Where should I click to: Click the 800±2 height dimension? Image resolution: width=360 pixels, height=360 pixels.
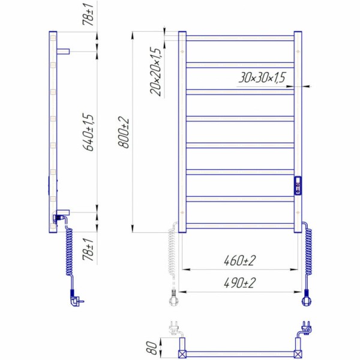tap(124, 133)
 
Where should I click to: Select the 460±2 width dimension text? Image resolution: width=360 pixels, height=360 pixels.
tap(239, 260)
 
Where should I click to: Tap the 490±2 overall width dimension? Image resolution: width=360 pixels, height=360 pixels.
tap(239, 283)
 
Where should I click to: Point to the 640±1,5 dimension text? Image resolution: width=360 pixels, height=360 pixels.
tap(88, 132)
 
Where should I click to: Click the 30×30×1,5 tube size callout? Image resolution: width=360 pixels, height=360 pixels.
tap(262, 77)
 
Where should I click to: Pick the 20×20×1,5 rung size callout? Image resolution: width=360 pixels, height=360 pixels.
tap(155, 71)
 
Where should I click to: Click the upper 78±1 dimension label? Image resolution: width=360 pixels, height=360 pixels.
tap(88, 14)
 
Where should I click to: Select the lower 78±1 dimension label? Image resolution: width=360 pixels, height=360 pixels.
tap(88, 250)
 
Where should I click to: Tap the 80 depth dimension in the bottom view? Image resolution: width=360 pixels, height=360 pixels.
tap(152, 347)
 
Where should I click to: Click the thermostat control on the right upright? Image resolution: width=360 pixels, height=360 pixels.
tap(298, 185)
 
